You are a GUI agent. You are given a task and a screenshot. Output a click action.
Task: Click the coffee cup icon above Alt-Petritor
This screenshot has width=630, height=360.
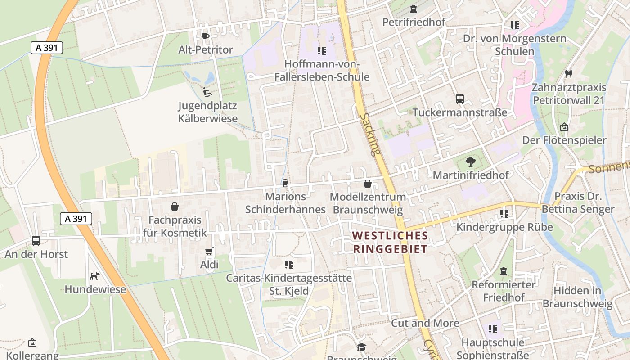coord(206,36)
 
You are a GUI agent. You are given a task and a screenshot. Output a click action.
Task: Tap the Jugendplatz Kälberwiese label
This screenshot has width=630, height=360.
coord(207,112)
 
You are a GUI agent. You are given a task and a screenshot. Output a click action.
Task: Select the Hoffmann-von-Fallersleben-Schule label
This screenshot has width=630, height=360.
coord(322,71)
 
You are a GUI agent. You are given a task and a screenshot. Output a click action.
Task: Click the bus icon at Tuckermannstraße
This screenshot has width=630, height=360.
coord(459,99)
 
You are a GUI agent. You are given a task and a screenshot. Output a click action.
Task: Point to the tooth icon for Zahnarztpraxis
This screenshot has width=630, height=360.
coord(569,74)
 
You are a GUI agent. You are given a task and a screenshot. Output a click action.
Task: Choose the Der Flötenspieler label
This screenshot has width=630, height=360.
coord(564,140)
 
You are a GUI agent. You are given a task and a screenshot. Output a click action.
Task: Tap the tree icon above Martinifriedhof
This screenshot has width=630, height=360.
coord(471,162)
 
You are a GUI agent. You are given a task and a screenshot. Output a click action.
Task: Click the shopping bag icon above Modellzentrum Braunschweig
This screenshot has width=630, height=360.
coord(368,184)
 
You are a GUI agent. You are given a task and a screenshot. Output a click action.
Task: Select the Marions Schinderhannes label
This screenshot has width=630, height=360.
coord(285,203)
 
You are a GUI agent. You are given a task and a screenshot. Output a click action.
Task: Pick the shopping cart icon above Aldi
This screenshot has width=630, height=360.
coord(209,251)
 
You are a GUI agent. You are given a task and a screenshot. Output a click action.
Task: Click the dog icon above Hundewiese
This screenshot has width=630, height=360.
coord(95,276)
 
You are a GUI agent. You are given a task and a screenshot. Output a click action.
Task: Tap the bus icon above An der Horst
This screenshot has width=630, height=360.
coord(36,241)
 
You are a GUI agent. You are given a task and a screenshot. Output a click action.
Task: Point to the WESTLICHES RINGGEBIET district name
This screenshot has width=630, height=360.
coord(390,242)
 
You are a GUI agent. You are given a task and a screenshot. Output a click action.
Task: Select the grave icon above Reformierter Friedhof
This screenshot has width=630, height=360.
coord(503,271)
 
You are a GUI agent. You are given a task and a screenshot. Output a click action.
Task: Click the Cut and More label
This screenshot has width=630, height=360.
coord(425,323)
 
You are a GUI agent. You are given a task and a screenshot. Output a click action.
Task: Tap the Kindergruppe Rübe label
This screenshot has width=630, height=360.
coord(504,227)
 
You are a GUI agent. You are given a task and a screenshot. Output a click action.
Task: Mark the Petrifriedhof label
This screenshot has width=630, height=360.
coord(414,22)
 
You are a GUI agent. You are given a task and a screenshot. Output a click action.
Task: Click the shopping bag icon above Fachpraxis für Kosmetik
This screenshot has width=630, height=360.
coord(175,207)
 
